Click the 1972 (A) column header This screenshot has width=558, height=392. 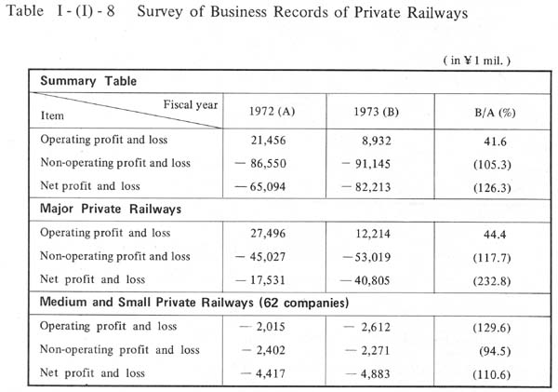pyautogui.click(x=272, y=112)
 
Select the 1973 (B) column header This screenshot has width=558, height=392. pyautogui.click(x=376, y=112)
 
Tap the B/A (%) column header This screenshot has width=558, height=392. pyautogui.click(x=495, y=113)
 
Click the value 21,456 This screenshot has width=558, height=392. pyautogui.click(x=269, y=141)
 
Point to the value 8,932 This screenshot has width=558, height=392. pyautogui.click(x=377, y=142)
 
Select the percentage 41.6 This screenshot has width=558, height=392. pyautogui.click(x=495, y=142)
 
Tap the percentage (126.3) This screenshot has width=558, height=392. pyautogui.click(x=492, y=188)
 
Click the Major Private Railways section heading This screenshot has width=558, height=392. pyautogui.click(x=111, y=209)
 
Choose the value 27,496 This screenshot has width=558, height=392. pyautogui.click(x=268, y=234)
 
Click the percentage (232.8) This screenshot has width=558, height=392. pyautogui.click(x=492, y=281)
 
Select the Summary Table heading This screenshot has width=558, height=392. pyautogui.click(x=88, y=81)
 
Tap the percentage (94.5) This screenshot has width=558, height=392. pyautogui.click(x=495, y=351)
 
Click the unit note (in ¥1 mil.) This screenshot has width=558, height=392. pyautogui.click(x=477, y=61)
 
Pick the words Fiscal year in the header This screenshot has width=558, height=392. pyautogui.click(x=191, y=104)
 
